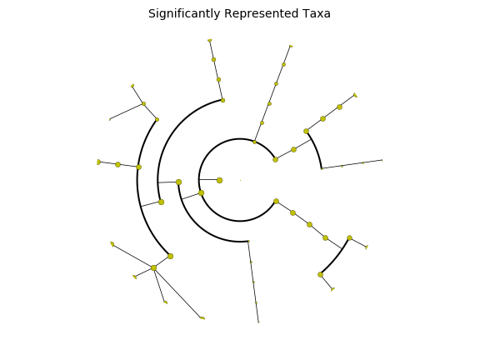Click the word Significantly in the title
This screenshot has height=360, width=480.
pyautogui.click(x=184, y=14)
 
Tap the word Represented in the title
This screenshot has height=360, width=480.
pyautogui.click(x=261, y=14)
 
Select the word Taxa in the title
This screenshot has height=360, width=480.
pyautogui.click(x=317, y=13)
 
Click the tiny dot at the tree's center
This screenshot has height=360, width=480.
pyautogui.click(x=240, y=180)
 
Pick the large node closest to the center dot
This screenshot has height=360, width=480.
pyautogui.click(x=219, y=180)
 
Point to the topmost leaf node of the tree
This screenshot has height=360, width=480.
pyautogui.click(x=210, y=40)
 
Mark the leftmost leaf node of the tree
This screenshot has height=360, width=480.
pyautogui.click(x=98, y=162)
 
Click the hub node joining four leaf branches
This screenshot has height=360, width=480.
pyautogui.click(x=153, y=268)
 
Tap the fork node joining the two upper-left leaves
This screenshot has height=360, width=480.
pyautogui.click(x=144, y=104)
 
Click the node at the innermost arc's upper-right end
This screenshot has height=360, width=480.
pyautogui.click(x=275, y=159)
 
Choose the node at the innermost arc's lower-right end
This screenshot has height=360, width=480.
pyautogui.click(x=276, y=201)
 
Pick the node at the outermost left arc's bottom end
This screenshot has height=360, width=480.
pyautogui.click(x=171, y=256)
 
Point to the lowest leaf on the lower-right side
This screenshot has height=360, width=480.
pyautogui.click(x=332, y=289)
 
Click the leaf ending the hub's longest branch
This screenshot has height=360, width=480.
pyautogui.click(x=202, y=318)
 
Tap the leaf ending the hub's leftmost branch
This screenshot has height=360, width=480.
pyautogui.click(x=112, y=244)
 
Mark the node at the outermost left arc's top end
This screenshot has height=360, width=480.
pyautogui.click(x=157, y=120)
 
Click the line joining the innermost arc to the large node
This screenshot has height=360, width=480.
pyautogui.click(x=209, y=180)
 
